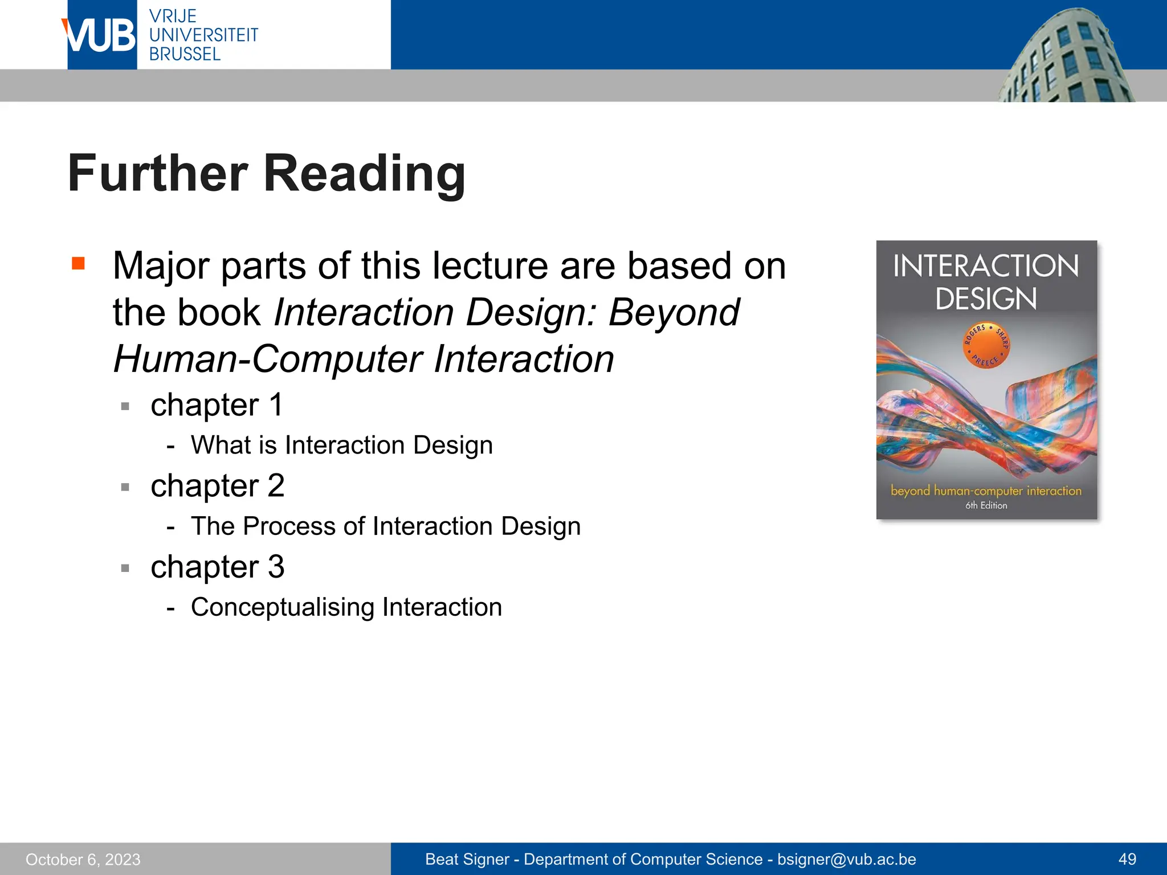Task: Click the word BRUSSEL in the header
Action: [x=185, y=55]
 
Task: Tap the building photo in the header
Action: [x=1066, y=57]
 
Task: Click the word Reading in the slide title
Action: [x=365, y=174]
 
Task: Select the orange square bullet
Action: [x=78, y=263]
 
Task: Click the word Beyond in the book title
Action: [x=674, y=313]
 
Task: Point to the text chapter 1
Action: [x=217, y=405]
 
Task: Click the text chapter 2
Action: [x=217, y=486]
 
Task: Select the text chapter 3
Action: [x=217, y=567]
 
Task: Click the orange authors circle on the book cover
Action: [x=986, y=345]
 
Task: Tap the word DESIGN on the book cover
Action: [x=986, y=299]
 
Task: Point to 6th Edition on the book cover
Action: [x=986, y=505]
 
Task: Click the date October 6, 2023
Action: [x=83, y=859]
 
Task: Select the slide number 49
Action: [x=1127, y=859]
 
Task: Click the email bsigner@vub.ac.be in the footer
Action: [x=847, y=859]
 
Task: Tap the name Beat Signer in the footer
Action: [x=467, y=859]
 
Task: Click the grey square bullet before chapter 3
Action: [x=125, y=568]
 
